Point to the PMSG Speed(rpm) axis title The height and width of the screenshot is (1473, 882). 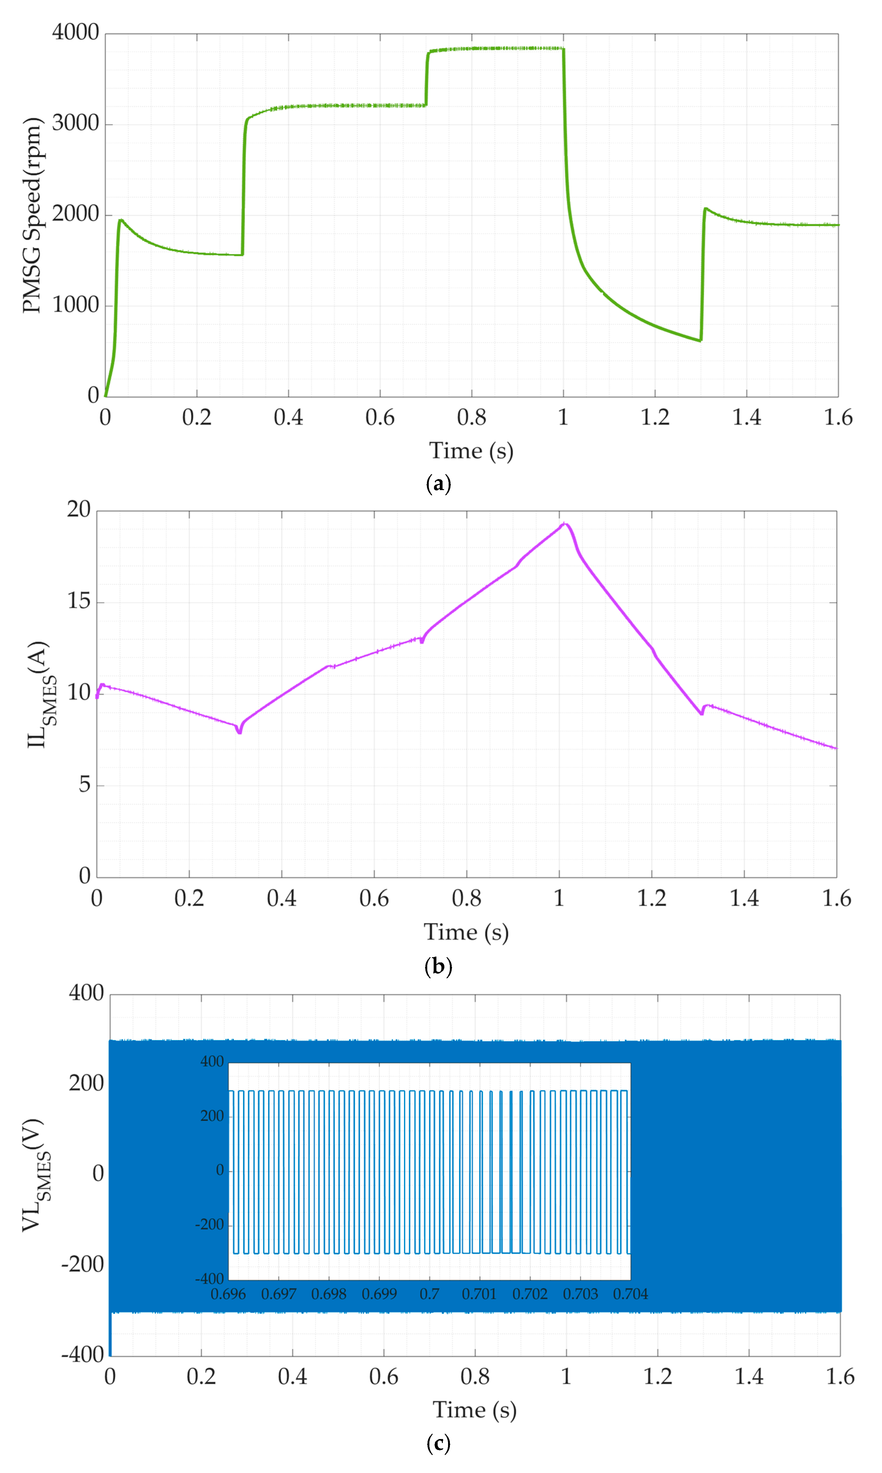(33, 215)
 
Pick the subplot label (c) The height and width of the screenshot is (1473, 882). (439, 1443)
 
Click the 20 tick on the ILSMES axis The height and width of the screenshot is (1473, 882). (78, 509)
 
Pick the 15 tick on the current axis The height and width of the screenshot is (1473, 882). (78, 601)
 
